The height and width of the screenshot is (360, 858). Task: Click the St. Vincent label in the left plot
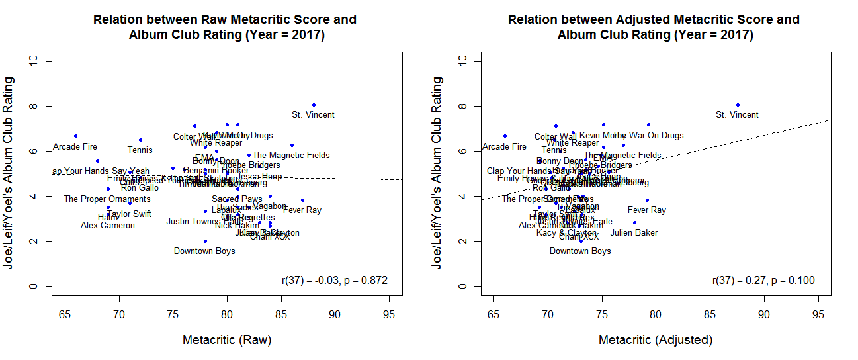(313, 115)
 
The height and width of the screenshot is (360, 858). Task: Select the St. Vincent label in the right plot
(737, 115)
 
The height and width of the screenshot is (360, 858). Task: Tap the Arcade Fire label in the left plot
(75, 147)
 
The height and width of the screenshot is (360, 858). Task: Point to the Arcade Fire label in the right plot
(504, 147)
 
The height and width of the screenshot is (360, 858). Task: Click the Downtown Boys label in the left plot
(204, 251)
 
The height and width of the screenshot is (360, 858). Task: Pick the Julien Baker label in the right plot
(634, 233)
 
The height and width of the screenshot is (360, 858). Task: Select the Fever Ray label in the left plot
(302, 210)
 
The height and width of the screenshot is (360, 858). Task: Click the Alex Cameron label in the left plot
(108, 226)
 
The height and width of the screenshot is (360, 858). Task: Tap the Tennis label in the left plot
(140, 150)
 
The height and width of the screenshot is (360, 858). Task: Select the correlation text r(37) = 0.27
(763, 281)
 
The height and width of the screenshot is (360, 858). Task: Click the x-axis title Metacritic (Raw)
(227, 340)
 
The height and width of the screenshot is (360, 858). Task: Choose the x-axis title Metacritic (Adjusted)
(656, 340)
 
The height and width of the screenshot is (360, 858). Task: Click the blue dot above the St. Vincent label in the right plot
(738, 105)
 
